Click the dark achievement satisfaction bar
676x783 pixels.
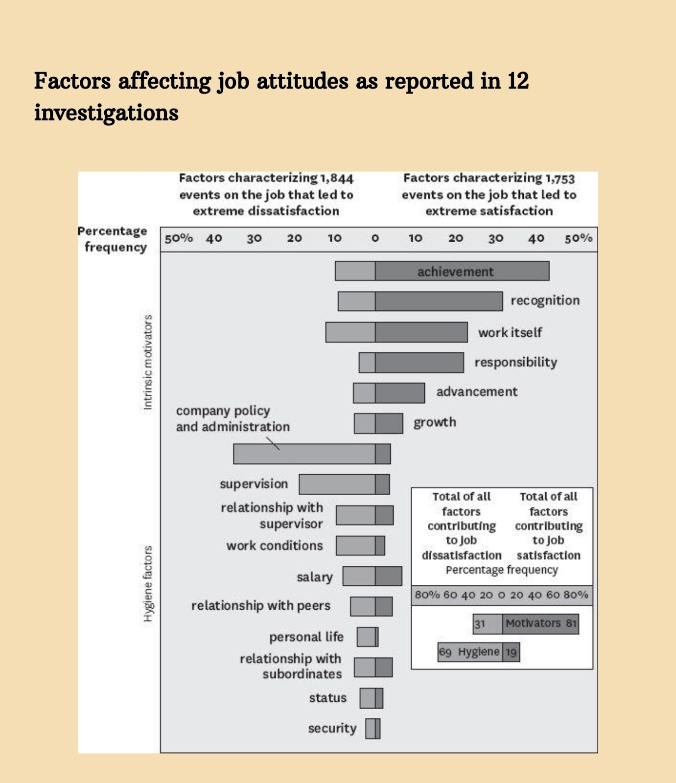(462, 271)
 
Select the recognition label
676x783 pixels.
(545, 300)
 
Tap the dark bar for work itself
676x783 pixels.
(421, 332)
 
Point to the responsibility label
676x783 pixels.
(515, 362)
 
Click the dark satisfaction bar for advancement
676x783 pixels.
(400, 393)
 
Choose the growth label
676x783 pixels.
(435, 422)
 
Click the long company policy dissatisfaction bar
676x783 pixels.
(304, 454)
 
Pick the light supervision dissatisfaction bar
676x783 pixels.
(337, 484)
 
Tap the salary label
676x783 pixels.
(315, 577)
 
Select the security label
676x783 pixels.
(332, 729)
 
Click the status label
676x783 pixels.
(327, 698)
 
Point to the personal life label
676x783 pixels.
(306, 637)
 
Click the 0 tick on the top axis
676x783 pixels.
(375, 238)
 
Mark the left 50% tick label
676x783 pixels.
(179, 238)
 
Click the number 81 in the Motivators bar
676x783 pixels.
(571, 623)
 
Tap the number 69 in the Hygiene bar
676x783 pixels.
(445, 652)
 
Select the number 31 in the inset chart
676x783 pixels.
(480, 624)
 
